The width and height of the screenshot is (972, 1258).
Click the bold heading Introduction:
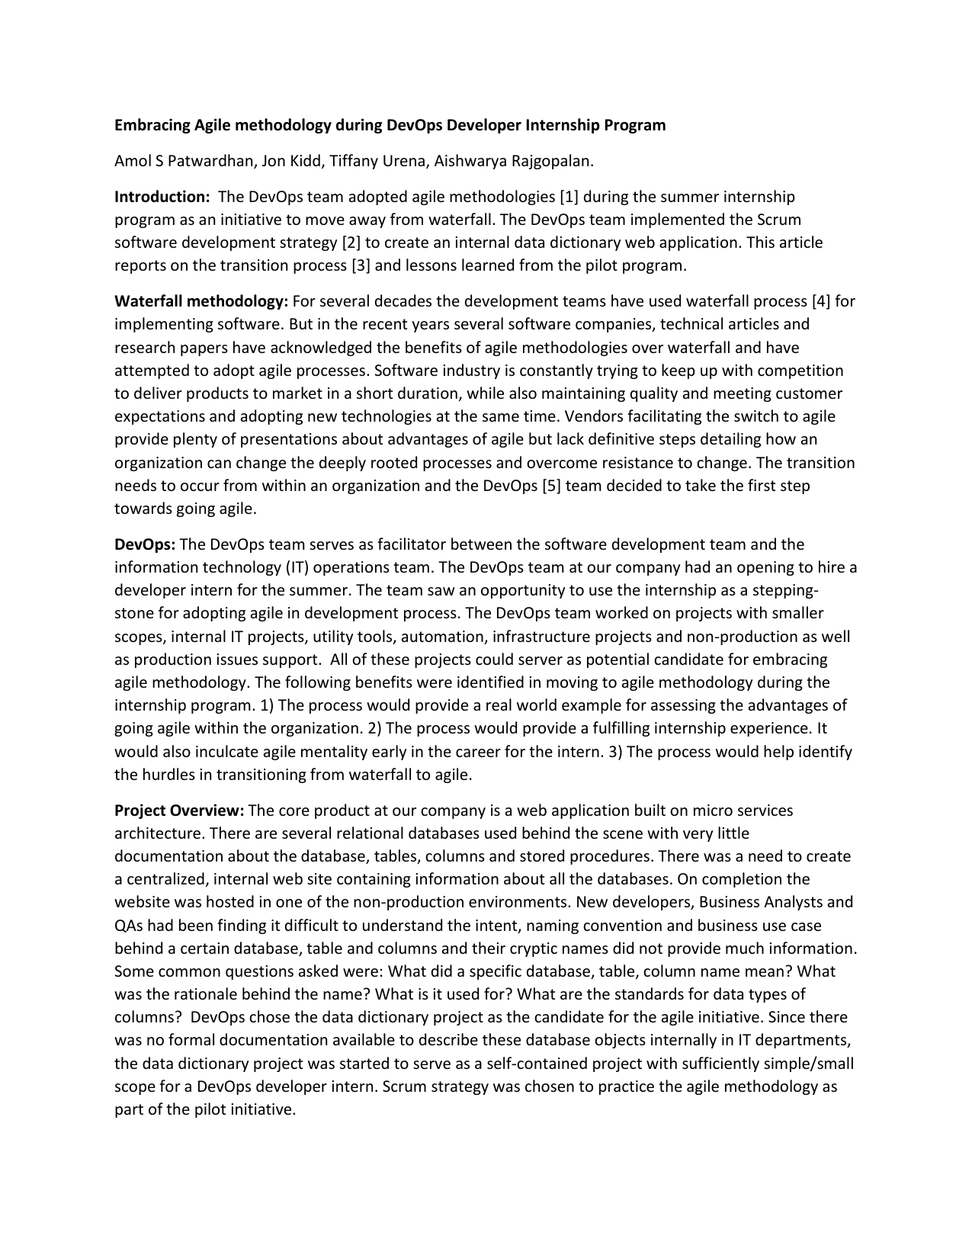[162, 197]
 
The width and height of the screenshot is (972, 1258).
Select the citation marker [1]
[569, 197]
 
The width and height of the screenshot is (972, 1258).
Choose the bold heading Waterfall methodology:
[201, 301]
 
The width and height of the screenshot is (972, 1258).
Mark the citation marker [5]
[552, 486]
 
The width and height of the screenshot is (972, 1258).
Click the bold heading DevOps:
[145, 544]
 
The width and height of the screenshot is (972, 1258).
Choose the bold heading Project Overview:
[179, 810]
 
